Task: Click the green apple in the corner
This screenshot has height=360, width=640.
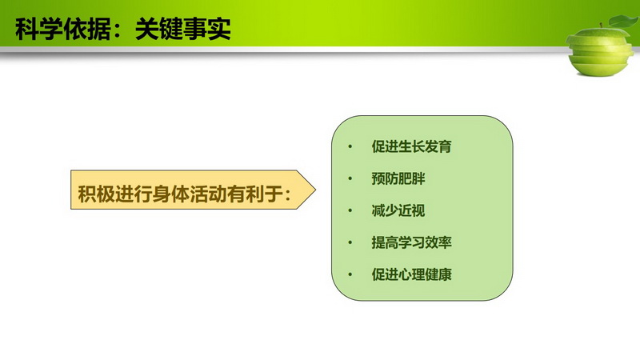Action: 599,50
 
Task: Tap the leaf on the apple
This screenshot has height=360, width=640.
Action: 624,21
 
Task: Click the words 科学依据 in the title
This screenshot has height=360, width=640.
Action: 63,29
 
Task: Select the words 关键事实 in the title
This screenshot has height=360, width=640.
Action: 183,29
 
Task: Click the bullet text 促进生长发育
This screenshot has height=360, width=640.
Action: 411,146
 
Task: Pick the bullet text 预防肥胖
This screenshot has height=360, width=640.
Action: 398,178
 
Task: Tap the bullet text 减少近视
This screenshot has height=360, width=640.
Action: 398,210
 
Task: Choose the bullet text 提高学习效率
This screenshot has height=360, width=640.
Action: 411,242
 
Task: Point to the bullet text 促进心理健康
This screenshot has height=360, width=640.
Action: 411,274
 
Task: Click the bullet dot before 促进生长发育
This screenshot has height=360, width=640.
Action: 350,146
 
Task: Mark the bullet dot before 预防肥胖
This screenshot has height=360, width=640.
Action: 350,178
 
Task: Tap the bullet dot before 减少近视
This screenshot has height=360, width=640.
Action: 350,210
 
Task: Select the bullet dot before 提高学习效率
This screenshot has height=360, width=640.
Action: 350,242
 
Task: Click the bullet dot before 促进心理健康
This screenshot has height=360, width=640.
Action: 350,274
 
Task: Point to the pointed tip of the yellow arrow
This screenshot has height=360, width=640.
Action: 315,190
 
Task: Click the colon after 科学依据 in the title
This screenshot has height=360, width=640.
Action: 118,30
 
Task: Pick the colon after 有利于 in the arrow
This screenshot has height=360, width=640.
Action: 288,194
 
